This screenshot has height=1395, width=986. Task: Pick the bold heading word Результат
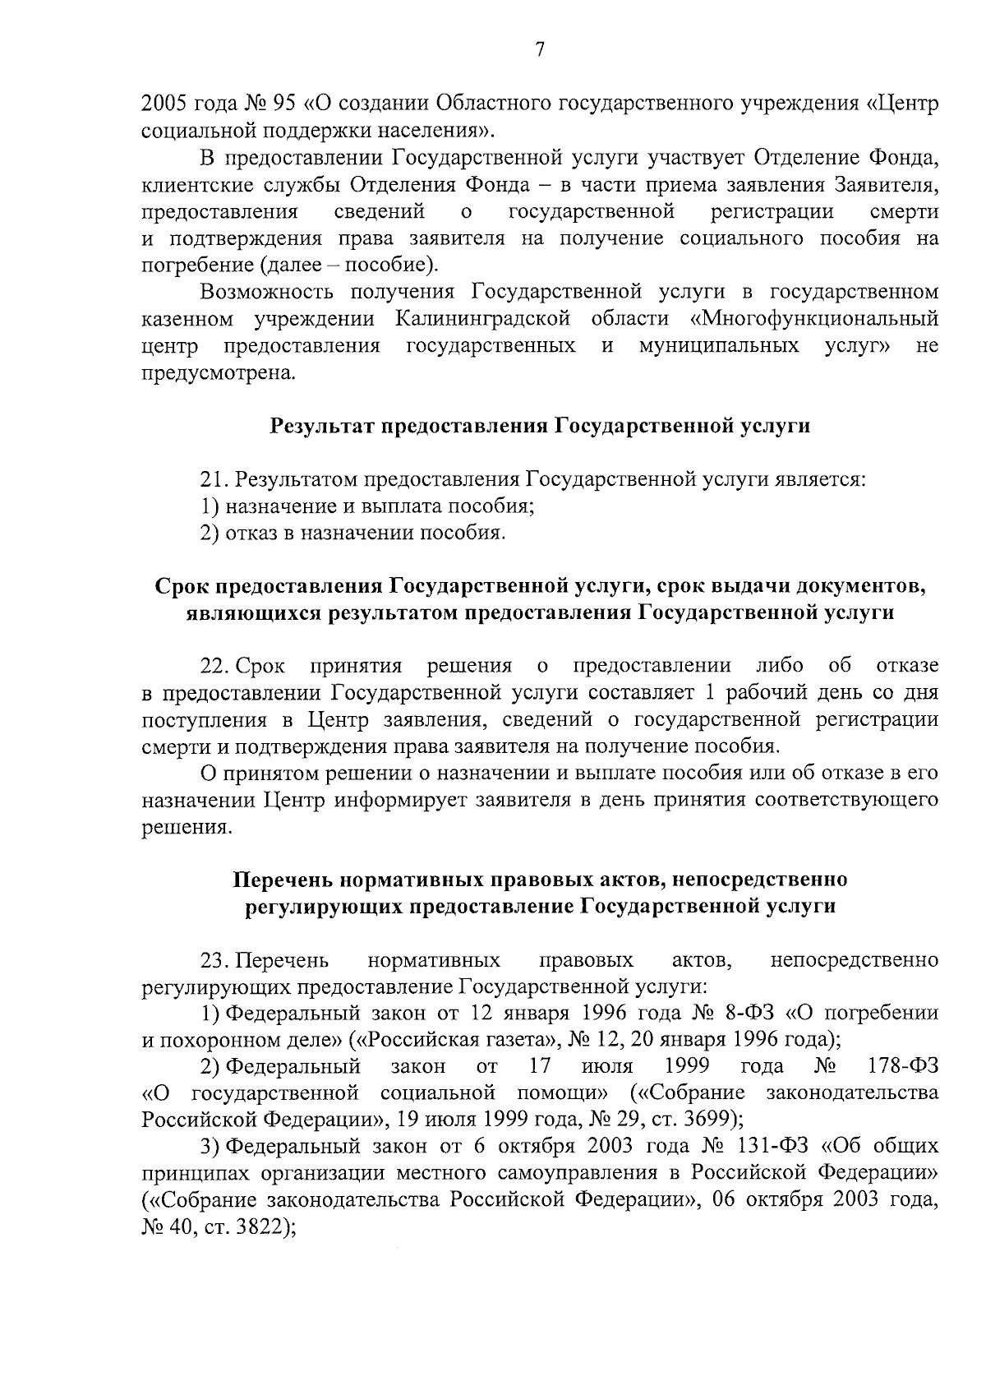tap(325, 426)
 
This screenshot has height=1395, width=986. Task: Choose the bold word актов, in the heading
tap(626, 880)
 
